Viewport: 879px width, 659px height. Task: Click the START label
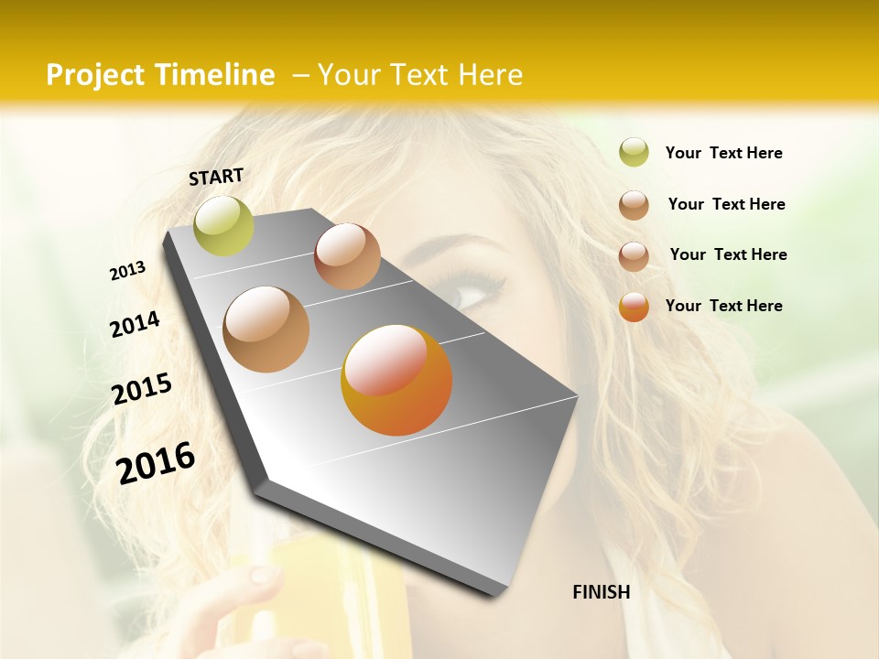click(216, 177)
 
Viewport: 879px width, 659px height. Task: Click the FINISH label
click(601, 592)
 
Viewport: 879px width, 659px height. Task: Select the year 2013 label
click(127, 271)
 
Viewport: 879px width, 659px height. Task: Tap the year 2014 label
click(135, 324)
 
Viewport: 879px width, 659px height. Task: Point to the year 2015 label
click(142, 388)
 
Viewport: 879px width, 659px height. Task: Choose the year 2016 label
click(156, 462)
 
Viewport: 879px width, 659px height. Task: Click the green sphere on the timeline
click(223, 225)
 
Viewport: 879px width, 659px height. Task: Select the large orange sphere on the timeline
click(396, 379)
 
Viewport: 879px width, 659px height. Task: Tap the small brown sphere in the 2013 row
click(347, 256)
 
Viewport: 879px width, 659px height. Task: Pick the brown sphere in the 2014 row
click(266, 329)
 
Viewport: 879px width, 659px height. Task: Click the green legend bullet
click(634, 153)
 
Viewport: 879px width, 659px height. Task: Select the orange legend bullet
click(634, 307)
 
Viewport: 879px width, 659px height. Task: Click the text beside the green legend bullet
click(723, 153)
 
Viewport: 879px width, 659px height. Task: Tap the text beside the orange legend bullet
click(723, 306)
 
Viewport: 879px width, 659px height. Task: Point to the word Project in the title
click(94, 75)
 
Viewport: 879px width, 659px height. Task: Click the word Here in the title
click(490, 75)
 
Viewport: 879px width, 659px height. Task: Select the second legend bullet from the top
click(634, 205)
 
